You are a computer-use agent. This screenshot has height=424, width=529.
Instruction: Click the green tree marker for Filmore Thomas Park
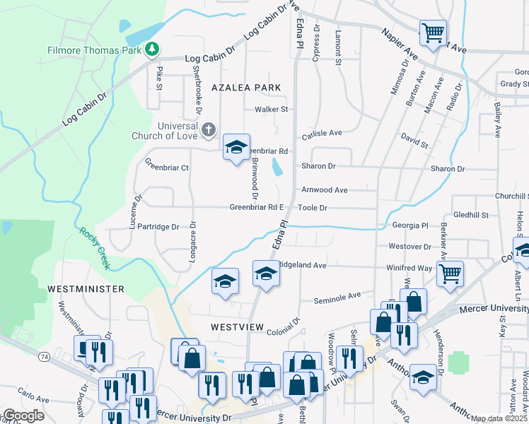click(151, 49)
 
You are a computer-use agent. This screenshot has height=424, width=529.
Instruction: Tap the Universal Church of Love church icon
click(208, 129)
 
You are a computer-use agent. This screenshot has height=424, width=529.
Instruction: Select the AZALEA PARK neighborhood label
click(246, 87)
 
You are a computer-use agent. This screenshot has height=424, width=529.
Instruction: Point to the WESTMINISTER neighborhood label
click(86, 289)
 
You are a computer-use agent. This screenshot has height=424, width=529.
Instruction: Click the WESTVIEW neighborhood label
click(237, 328)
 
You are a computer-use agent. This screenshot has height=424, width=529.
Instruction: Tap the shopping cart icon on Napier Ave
click(433, 31)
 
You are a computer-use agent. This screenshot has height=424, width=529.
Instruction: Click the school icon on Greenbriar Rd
click(236, 147)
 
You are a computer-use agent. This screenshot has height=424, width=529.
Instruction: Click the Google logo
click(23, 416)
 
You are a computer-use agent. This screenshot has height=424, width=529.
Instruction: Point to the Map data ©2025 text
click(498, 418)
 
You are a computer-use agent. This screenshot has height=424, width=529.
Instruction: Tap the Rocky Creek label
click(95, 248)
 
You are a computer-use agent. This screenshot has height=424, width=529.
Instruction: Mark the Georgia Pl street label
click(411, 225)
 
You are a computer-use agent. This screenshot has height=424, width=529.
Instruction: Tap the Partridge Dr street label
click(158, 227)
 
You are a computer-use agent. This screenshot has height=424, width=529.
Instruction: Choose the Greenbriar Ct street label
click(167, 168)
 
